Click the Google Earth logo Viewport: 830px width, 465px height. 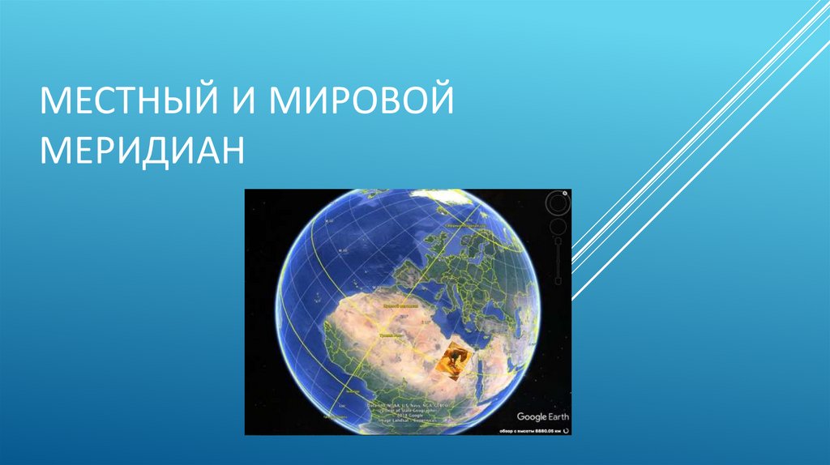click(542, 416)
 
